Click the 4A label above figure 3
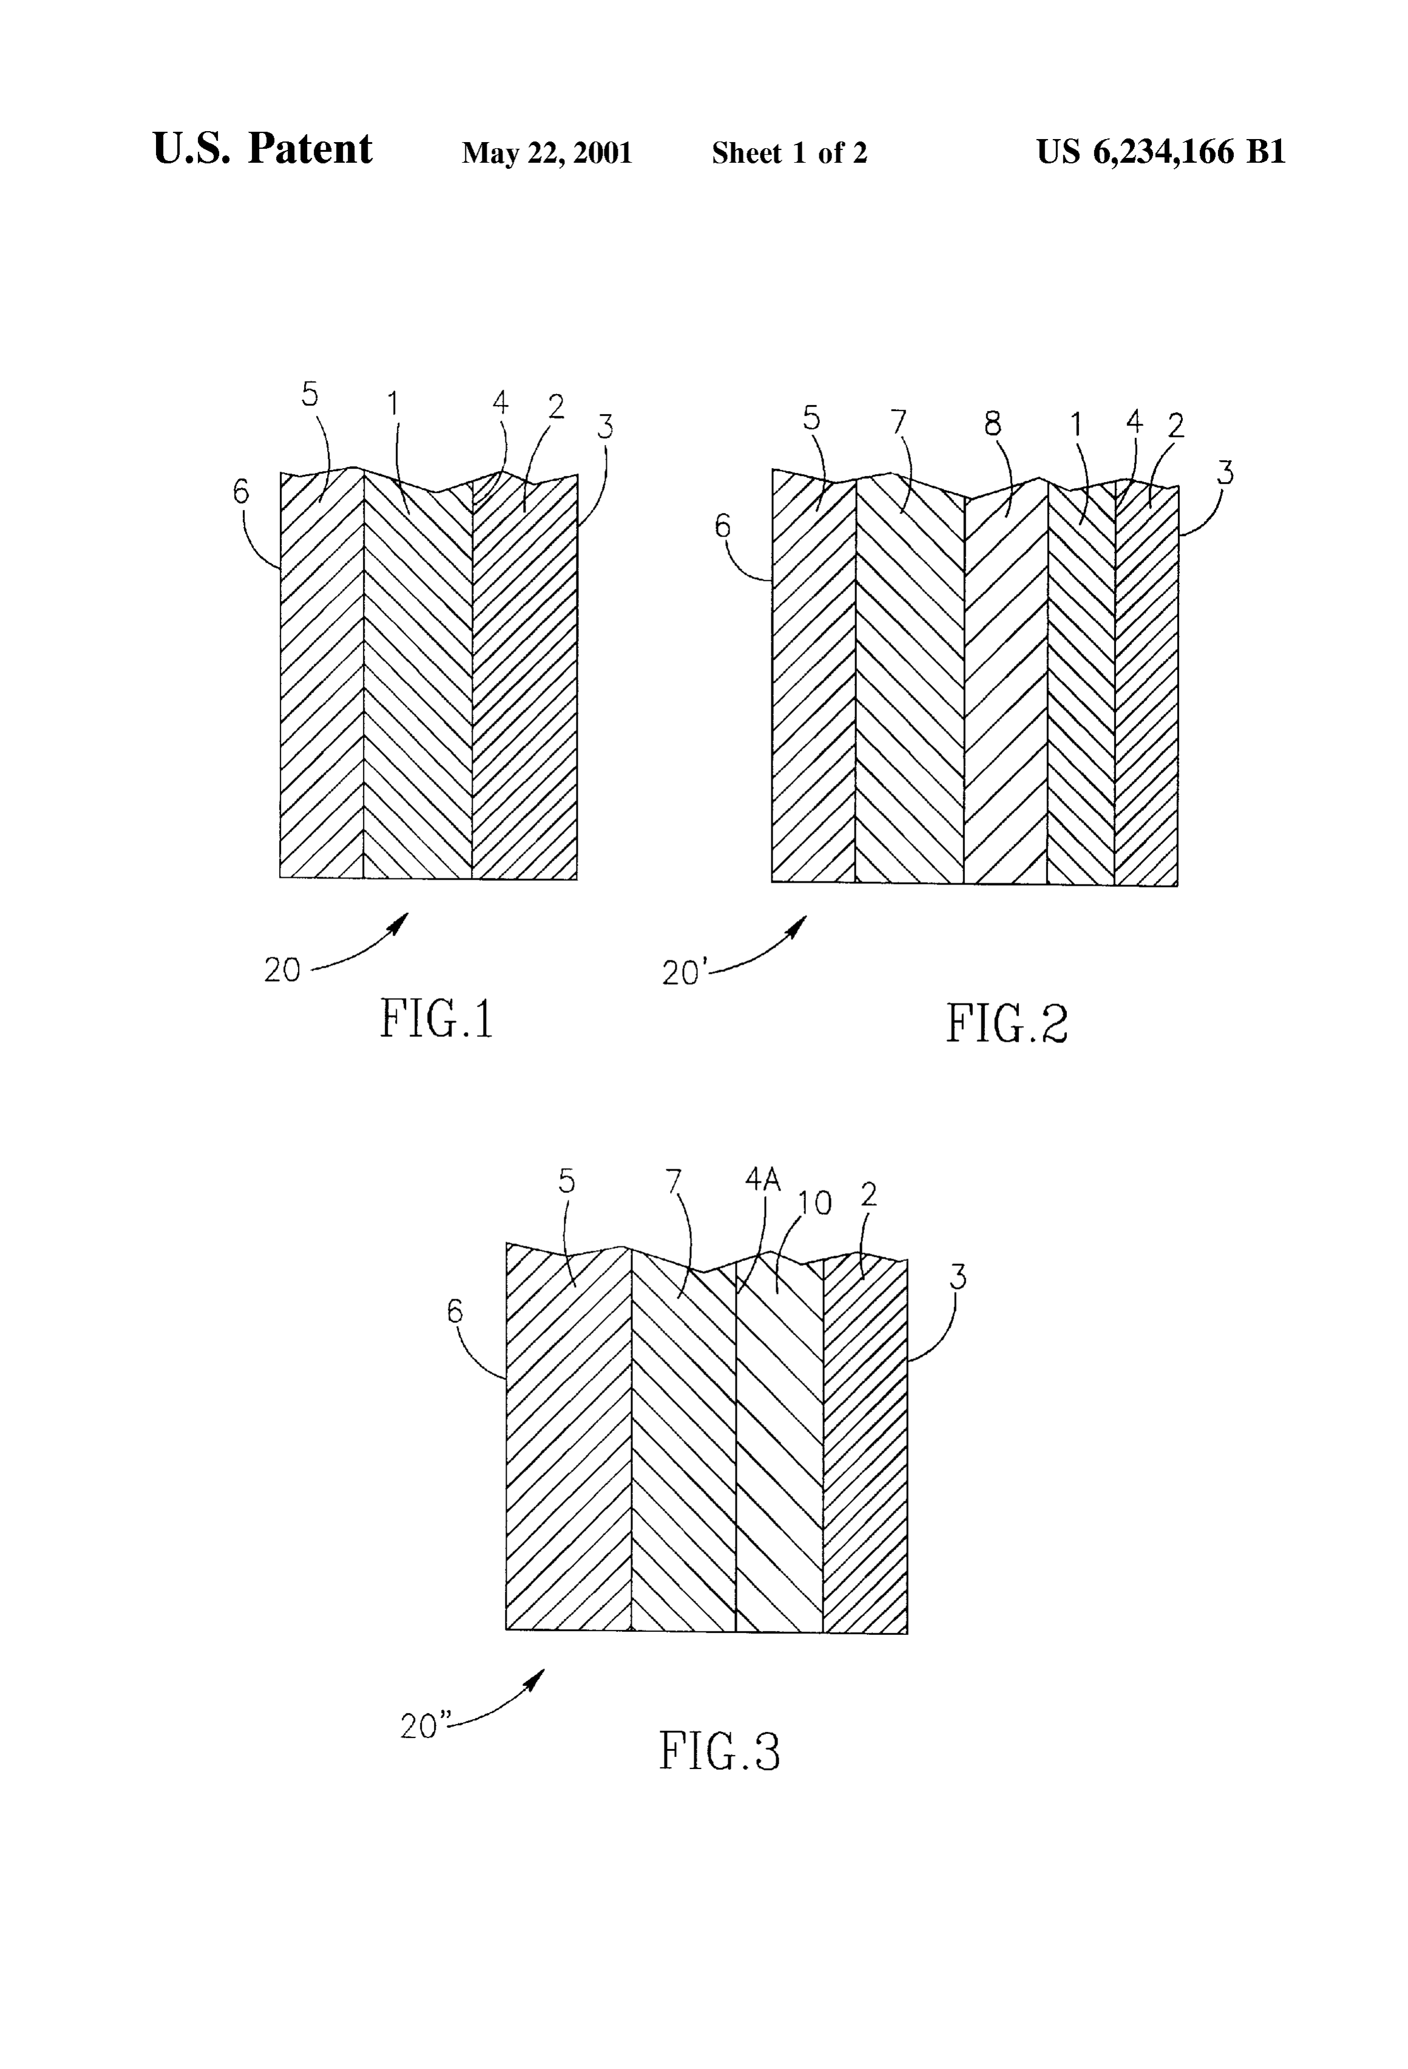point(763,1180)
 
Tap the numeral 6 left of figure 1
point(241,492)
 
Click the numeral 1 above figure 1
point(393,405)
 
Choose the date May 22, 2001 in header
point(546,153)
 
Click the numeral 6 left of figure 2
point(722,527)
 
